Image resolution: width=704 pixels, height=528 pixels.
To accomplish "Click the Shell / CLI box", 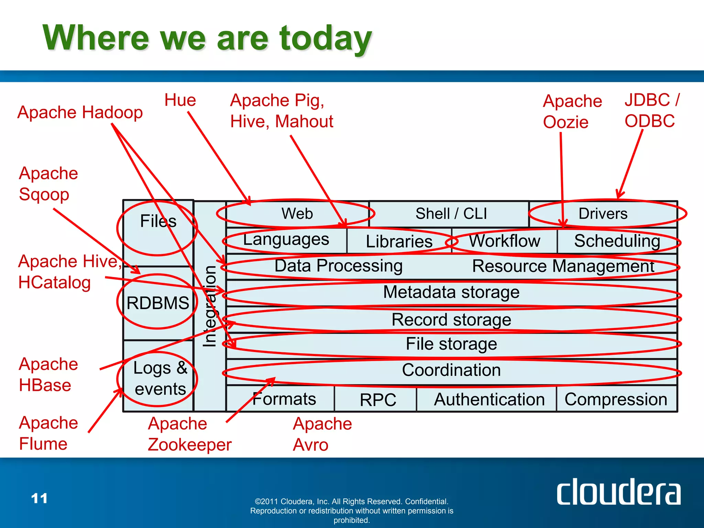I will pos(451,213).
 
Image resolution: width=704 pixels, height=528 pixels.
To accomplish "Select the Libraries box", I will pos(399,241).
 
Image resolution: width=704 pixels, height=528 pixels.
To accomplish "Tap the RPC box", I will pos(377,399).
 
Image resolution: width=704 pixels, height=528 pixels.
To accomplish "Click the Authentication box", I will pos(489,399).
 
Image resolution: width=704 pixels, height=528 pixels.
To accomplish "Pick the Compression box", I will pos(616,399).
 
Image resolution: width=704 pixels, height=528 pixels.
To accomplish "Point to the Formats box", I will pos(284,399).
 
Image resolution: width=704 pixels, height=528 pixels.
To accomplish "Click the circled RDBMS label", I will pos(157,303).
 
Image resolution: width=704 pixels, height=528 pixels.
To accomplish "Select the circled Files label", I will pos(158,221).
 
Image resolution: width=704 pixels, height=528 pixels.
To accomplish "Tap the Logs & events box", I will pos(160,378).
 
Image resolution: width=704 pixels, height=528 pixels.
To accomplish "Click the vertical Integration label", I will pos(209,306).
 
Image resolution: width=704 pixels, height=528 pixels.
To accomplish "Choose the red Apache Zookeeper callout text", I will pos(189,434).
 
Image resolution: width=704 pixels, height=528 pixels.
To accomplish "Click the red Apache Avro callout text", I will pos(322,434).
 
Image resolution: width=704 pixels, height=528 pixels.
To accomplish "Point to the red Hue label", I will pos(180,100).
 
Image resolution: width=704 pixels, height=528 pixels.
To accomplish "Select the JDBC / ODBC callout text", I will pos(651,110).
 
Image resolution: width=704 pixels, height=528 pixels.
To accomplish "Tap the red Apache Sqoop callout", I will pos(48,184).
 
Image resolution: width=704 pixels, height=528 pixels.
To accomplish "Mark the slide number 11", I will pos(39,498).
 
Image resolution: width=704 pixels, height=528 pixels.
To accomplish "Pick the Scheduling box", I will pos(617,241).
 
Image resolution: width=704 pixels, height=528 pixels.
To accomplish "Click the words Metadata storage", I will pos(451,292).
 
